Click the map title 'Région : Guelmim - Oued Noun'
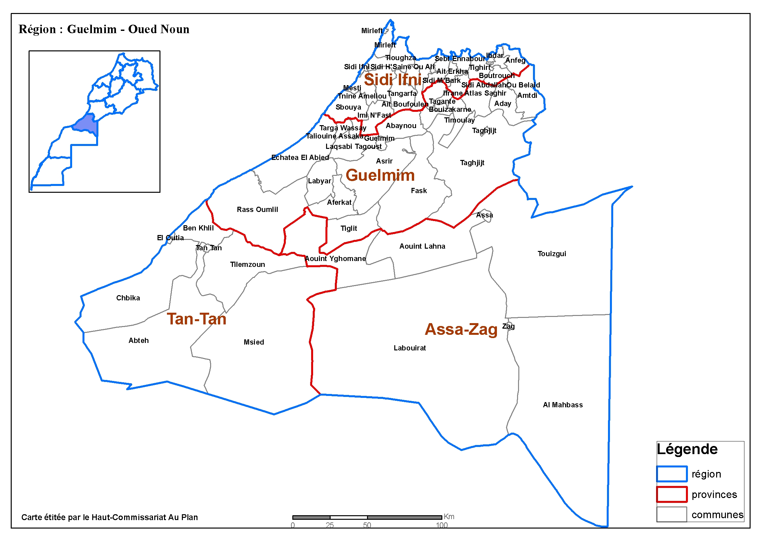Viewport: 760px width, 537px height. pyautogui.click(x=104, y=29)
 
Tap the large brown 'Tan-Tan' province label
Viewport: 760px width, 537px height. pyautogui.click(x=196, y=319)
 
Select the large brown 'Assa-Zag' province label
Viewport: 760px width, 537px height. pyautogui.click(x=461, y=329)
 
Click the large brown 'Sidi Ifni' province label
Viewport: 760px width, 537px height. pyautogui.click(x=393, y=80)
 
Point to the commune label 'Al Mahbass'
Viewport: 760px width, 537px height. pyautogui.click(x=563, y=405)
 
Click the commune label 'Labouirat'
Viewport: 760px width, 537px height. pyautogui.click(x=410, y=348)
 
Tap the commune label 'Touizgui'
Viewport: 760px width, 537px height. pyautogui.click(x=551, y=254)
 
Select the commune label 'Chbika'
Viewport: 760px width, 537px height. pyautogui.click(x=128, y=298)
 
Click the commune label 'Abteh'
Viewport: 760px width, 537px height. pyautogui.click(x=138, y=341)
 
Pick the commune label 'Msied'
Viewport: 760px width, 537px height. pyautogui.click(x=254, y=342)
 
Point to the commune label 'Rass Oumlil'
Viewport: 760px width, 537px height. pyautogui.click(x=257, y=209)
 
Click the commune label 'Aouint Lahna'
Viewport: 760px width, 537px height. pyautogui.click(x=422, y=246)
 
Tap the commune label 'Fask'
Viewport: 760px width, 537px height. pyautogui.click(x=418, y=190)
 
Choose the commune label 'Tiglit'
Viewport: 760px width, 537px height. pyautogui.click(x=348, y=228)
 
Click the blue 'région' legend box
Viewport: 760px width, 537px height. pyautogui.click(x=672, y=474)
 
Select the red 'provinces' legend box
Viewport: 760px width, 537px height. pyautogui.click(x=672, y=494)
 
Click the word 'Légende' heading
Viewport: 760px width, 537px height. pyautogui.click(x=687, y=449)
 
